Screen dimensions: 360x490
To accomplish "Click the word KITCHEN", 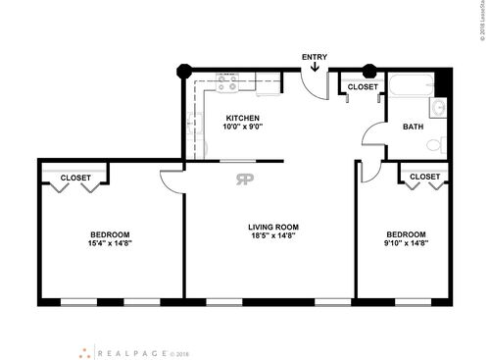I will (242, 118).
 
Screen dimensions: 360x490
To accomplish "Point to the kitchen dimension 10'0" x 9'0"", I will (242, 128).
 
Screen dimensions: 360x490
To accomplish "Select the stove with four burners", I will (227, 86).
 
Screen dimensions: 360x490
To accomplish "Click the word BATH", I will (413, 127).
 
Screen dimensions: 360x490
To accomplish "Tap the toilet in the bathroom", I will (432, 145).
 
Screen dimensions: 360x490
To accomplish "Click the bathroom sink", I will (438, 108).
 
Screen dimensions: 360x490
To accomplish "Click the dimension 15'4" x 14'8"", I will (110, 242).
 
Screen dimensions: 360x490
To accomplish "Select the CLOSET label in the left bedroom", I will (75, 178).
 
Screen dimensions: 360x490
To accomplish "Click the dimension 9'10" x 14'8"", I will (406, 242).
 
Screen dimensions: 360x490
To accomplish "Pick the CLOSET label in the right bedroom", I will (424, 177).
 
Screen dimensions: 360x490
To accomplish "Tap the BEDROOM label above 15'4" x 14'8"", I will (110, 232).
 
